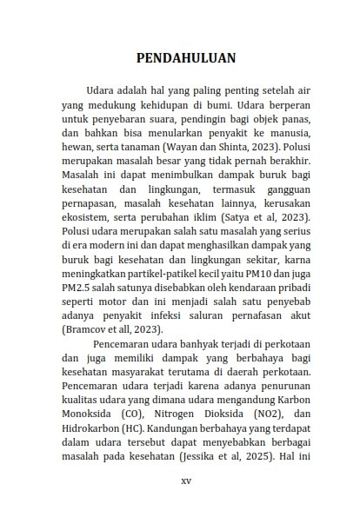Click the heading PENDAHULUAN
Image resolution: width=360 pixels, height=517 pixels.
[186, 58]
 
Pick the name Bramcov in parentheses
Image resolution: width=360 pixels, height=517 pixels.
[90, 330]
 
